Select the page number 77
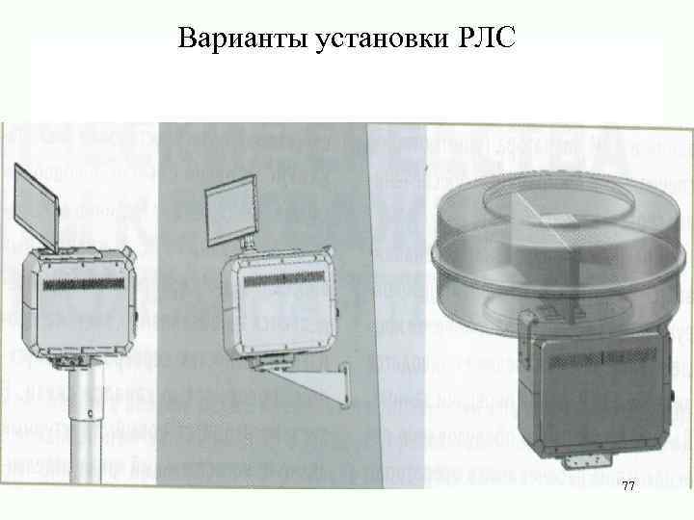tap(627, 488)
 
